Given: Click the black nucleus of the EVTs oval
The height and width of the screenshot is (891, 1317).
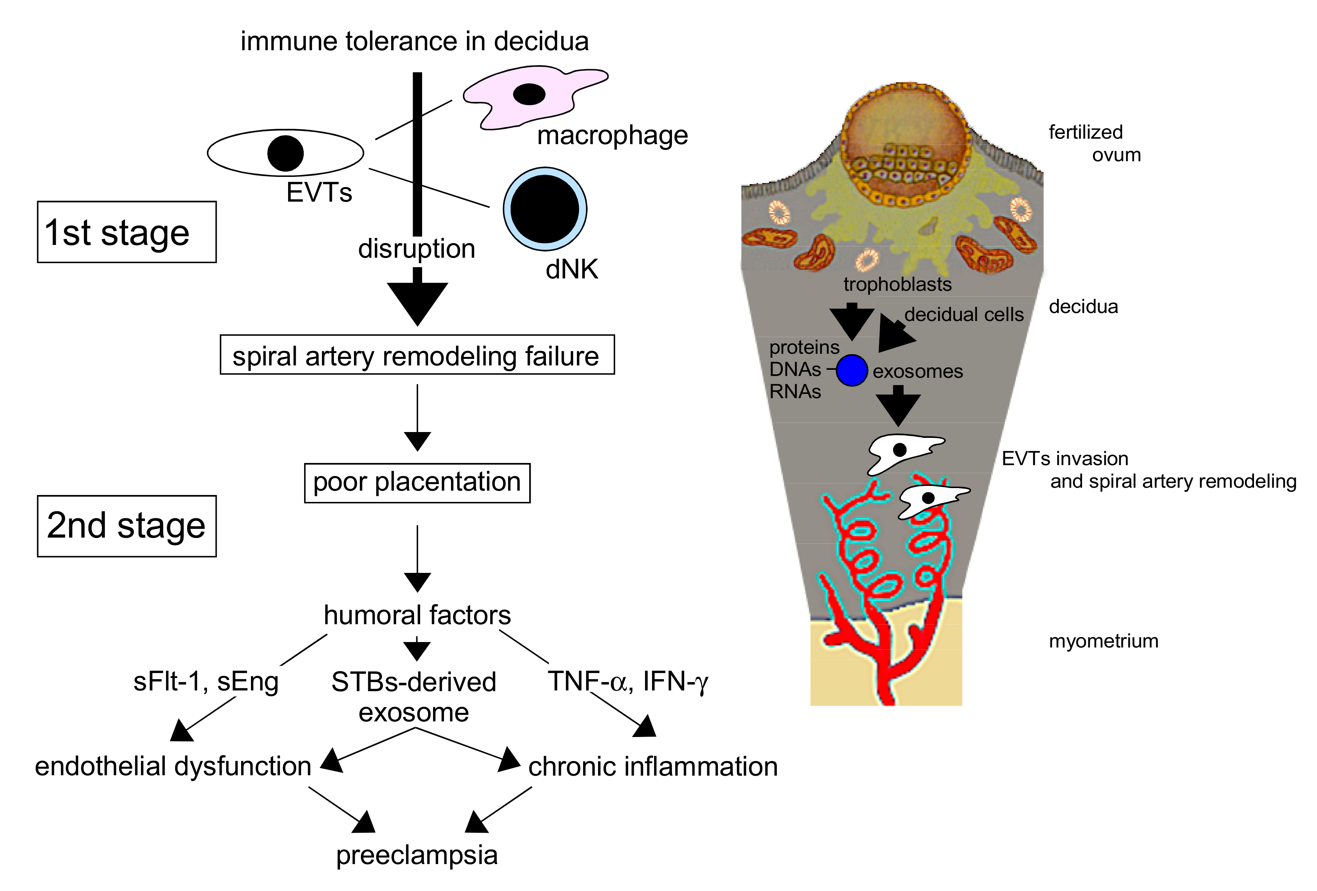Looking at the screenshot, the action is (x=285, y=153).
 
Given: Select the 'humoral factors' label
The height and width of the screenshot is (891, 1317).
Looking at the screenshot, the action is (x=417, y=615).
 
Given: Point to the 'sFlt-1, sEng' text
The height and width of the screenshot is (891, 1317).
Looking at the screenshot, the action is (x=206, y=681).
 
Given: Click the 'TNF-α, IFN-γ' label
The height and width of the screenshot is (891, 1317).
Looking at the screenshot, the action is (x=628, y=681).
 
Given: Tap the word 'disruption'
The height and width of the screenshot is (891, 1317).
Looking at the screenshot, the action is (x=417, y=249).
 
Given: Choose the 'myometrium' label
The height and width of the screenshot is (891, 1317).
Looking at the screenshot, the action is (x=1103, y=641).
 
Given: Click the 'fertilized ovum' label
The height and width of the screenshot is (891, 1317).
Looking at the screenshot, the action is (x=1094, y=143).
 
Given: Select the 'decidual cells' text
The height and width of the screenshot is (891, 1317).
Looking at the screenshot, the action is (x=964, y=314).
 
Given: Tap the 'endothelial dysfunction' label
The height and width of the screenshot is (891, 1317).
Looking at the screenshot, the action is (x=173, y=767).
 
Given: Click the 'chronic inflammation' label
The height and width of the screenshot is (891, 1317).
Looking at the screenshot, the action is (x=653, y=767).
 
